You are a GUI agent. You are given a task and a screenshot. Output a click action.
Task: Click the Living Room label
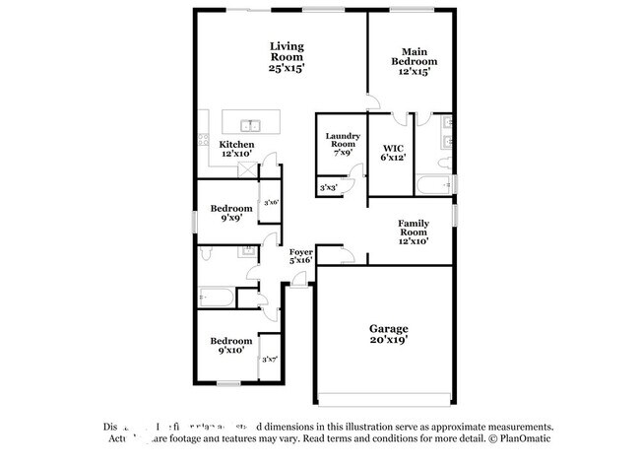click(287, 57)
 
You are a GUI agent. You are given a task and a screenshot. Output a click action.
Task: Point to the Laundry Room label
click(343, 145)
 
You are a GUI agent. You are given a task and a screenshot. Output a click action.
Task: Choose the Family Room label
click(413, 233)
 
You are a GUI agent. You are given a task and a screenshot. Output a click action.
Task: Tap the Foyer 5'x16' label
click(300, 256)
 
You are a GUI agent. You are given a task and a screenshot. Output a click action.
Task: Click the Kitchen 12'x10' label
click(236, 150)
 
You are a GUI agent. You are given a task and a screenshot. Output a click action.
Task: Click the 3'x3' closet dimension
click(328, 187)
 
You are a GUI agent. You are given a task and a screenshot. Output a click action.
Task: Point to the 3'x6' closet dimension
click(271, 203)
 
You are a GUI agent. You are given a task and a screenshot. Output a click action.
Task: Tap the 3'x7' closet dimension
click(270, 360)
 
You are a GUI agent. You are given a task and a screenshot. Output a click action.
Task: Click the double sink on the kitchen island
click(251, 125)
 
